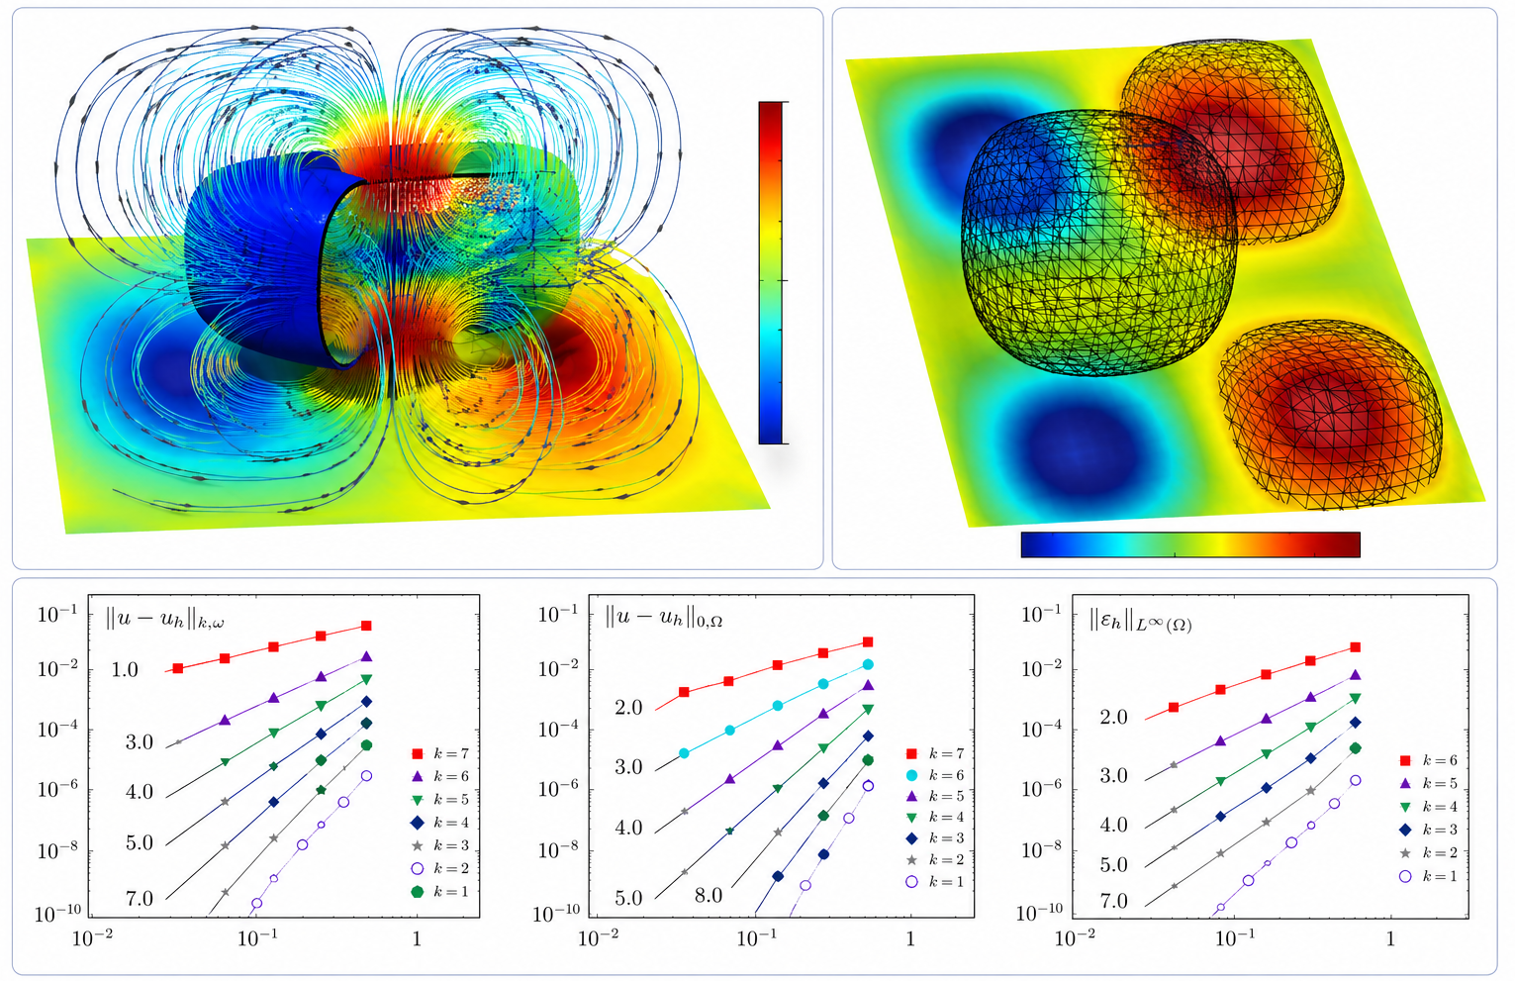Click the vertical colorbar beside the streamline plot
[772, 272]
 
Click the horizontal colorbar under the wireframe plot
[1190, 544]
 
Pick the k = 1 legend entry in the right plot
[1428, 876]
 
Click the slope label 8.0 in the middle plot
[708, 896]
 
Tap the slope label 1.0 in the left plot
[125, 670]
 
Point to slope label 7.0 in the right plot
[1113, 901]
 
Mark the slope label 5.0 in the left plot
[140, 843]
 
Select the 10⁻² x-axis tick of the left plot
[92, 937]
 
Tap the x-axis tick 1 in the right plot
[1390, 937]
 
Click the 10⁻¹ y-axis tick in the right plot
[1041, 615]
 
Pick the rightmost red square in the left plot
[366, 626]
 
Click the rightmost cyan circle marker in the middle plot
[868, 665]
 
